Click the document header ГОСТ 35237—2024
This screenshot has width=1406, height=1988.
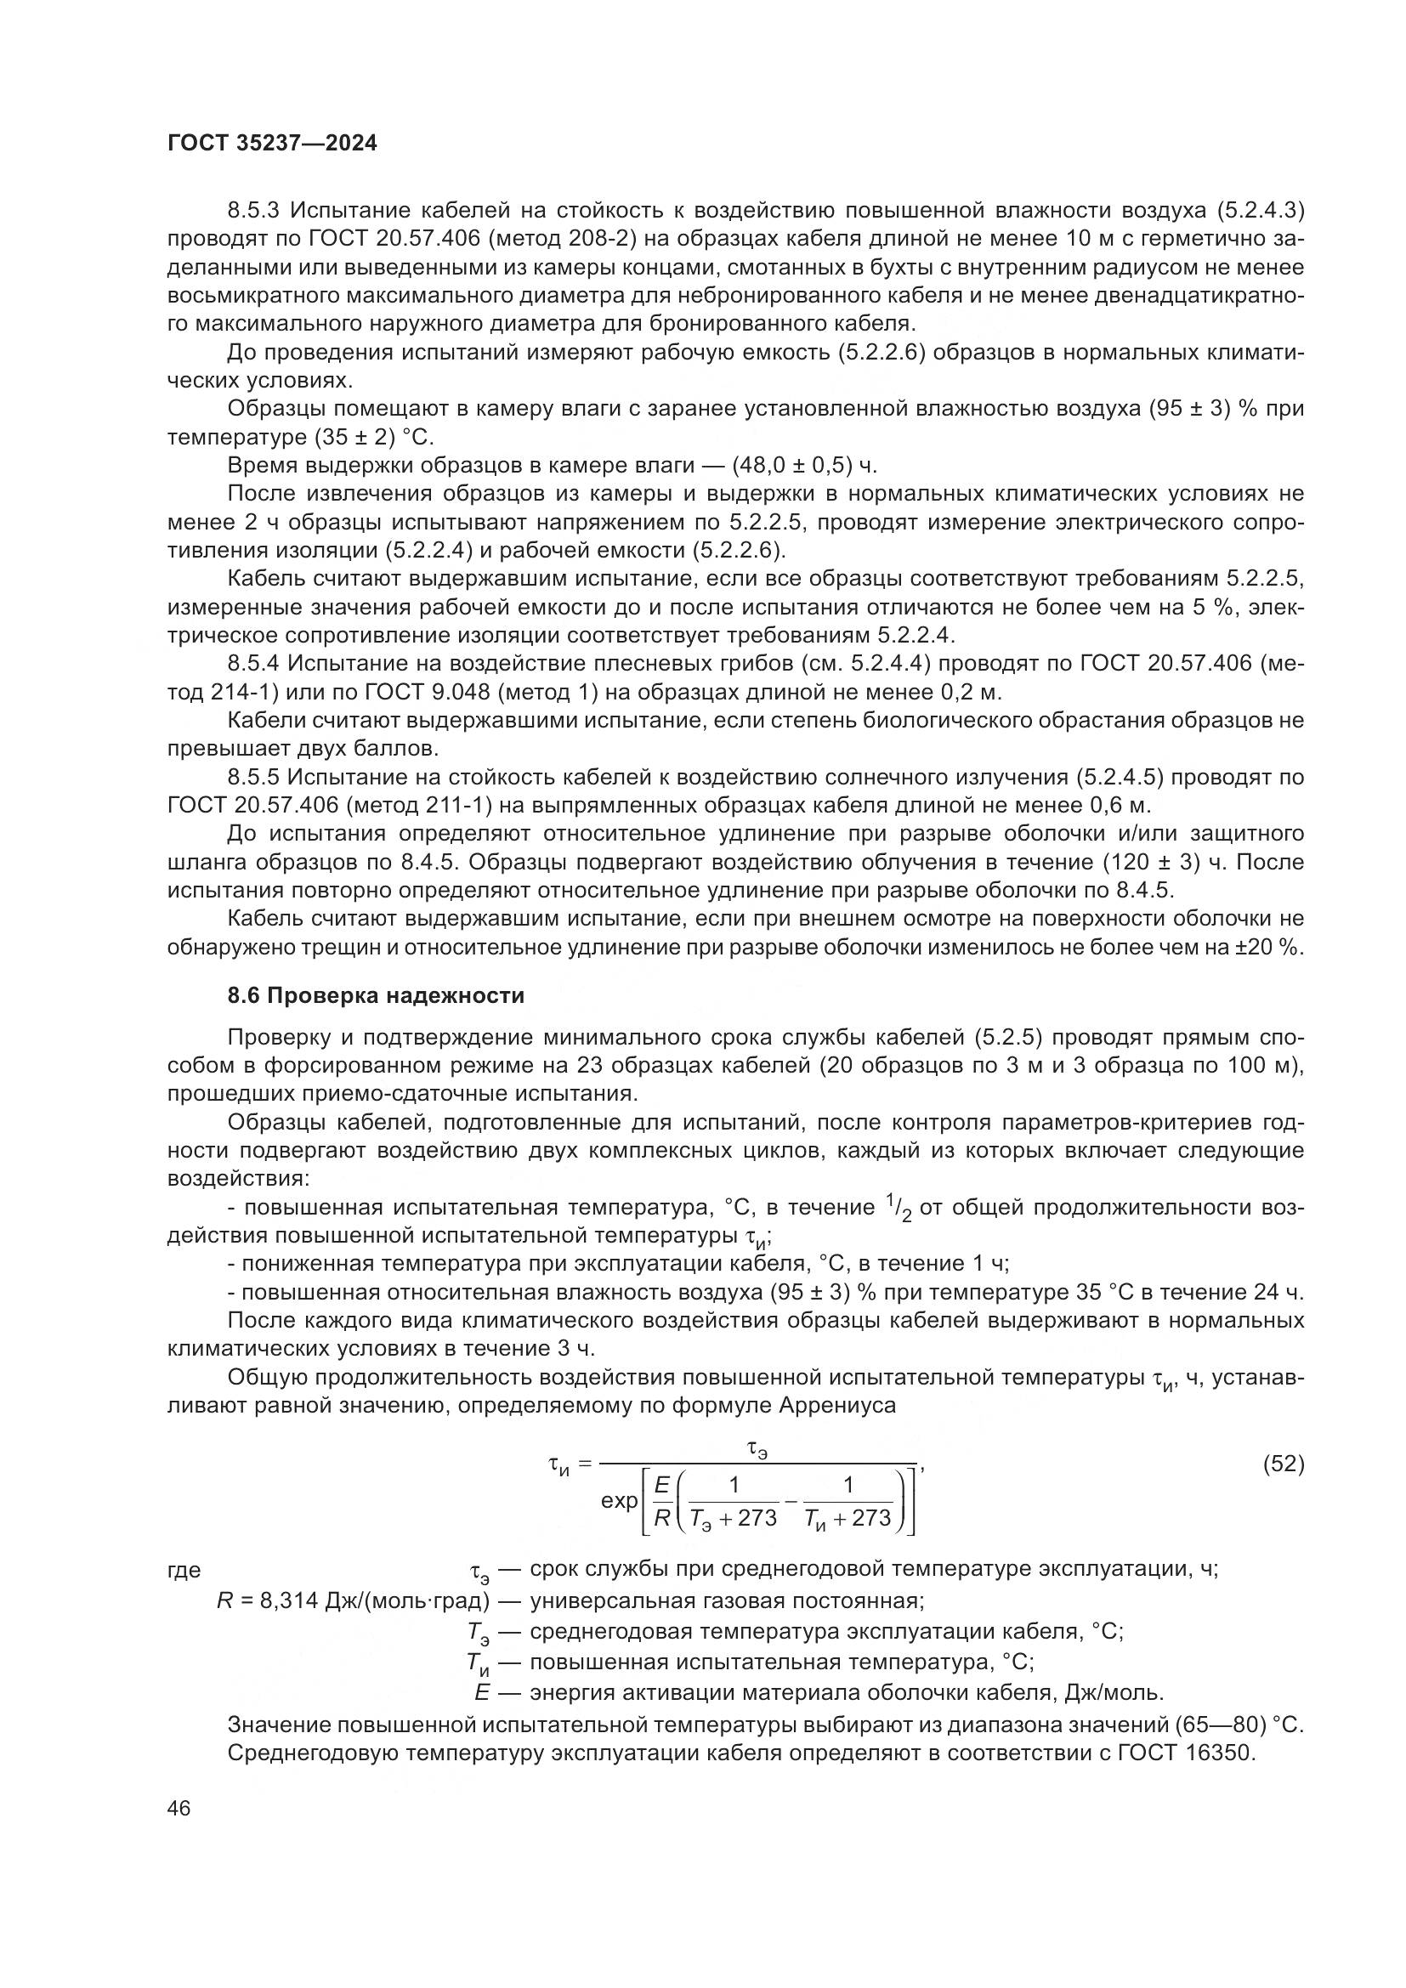pos(272,144)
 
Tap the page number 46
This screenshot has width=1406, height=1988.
pos(179,1808)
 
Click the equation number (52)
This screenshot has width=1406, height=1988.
pos(1283,1464)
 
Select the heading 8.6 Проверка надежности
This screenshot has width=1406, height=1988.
pos(376,996)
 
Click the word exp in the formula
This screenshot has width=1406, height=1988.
pos(619,1500)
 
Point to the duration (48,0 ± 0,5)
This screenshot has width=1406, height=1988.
pos(791,466)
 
